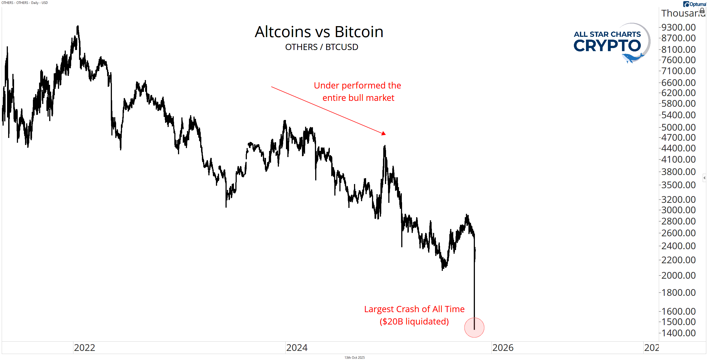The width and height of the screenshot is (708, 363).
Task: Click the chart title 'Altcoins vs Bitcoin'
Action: click(319, 32)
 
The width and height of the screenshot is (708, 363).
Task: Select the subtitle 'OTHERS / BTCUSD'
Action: click(321, 47)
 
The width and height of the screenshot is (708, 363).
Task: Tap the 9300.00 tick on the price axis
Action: click(678, 27)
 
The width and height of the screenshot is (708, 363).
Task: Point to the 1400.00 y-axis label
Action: click(678, 333)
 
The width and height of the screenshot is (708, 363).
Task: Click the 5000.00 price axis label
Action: click(678, 127)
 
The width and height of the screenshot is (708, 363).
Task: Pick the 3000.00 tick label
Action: click(678, 210)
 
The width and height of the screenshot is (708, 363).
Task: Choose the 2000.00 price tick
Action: click(678, 275)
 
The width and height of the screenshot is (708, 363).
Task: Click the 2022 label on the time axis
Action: click(84, 348)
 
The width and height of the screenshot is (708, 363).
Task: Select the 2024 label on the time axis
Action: click(297, 348)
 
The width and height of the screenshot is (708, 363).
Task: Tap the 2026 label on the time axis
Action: click(503, 348)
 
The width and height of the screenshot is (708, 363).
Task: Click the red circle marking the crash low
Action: click(474, 328)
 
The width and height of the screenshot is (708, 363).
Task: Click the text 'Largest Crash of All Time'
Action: click(414, 309)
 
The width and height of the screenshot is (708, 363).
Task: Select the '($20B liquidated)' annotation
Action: click(414, 321)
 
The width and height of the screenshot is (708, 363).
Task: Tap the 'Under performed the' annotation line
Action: click(357, 85)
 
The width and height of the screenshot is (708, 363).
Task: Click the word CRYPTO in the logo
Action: click(607, 46)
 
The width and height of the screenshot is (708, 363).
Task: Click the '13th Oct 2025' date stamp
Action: click(354, 358)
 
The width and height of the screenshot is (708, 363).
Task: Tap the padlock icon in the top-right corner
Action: click(702, 11)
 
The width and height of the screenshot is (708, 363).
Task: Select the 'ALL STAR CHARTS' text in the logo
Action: click(607, 34)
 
